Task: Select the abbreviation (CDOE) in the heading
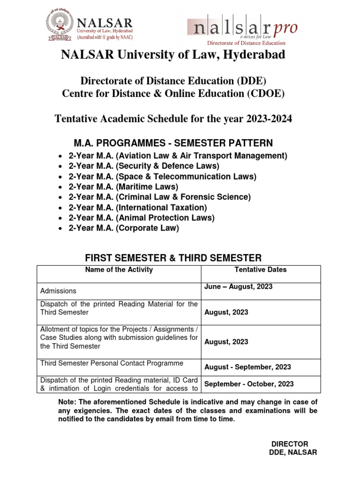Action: [x=266, y=93]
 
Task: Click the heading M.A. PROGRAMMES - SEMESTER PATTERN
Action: [x=173, y=142]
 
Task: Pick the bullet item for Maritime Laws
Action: [x=123, y=187]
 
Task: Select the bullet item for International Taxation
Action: [x=137, y=207]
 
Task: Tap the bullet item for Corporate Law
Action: [x=124, y=228]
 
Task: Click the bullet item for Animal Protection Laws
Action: [x=141, y=217]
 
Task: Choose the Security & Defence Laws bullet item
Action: [x=143, y=166]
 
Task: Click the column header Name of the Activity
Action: [x=119, y=270]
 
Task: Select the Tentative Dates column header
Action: [x=260, y=270]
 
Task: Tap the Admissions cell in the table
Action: [x=59, y=291]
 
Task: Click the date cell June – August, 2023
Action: [x=238, y=287]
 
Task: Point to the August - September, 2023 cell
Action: [x=247, y=367]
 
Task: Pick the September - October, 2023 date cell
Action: [x=249, y=384]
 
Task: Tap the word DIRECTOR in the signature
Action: [x=290, y=444]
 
